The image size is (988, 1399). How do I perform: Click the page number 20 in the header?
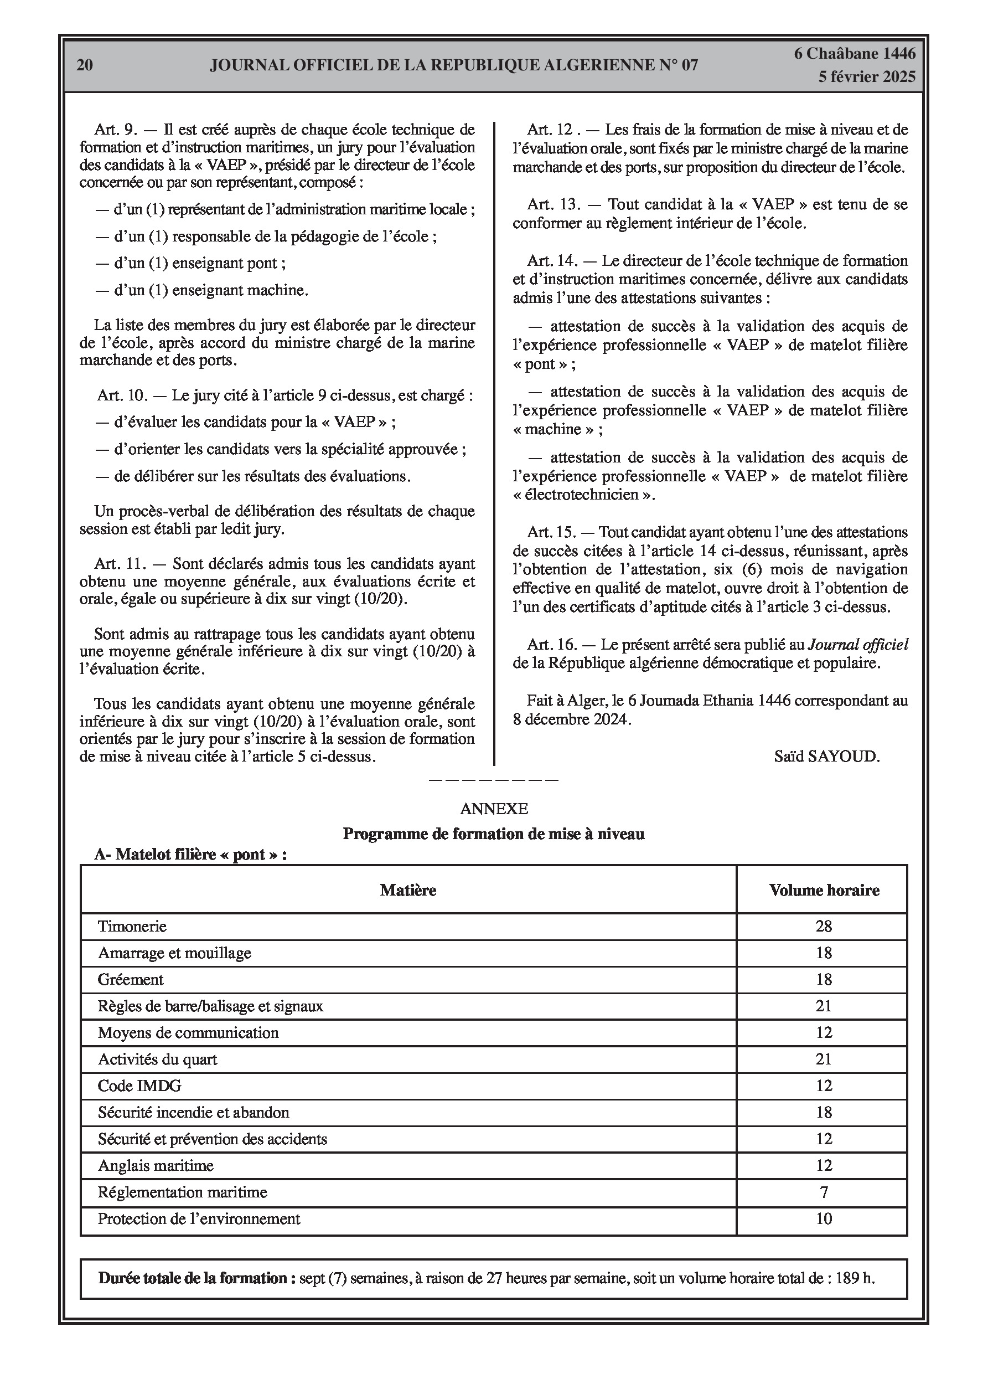pyautogui.click(x=85, y=65)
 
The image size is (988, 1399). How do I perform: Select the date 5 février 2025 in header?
pyautogui.click(x=866, y=77)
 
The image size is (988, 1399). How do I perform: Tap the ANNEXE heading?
pyautogui.click(x=493, y=809)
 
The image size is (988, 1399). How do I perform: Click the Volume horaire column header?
pyautogui.click(x=824, y=890)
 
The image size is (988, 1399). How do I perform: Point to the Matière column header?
pyautogui.click(x=408, y=890)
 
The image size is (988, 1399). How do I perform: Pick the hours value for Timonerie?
pyautogui.click(x=824, y=926)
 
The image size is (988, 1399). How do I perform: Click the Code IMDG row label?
pyautogui.click(x=139, y=1085)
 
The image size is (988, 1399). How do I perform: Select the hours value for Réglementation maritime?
pyautogui.click(x=824, y=1192)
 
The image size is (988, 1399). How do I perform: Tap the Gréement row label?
pyautogui.click(x=131, y=979)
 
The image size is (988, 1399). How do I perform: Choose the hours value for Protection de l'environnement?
pyautogui.click(x=824, y=1218)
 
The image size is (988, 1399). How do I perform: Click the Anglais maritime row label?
pyautogui.click(x=156, y=1166)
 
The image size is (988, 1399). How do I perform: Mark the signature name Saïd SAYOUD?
pyautogui.click(x=826, y=756)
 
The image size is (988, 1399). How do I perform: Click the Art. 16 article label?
pyautogui.click(x=551, y=645)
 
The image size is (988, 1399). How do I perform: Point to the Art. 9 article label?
pyautogui.click(x=116, y=130)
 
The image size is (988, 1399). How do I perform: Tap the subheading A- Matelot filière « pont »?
pyautogui.click(x=190, y=854)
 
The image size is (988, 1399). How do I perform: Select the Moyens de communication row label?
pyautogui.click(x=188, y=1032)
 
